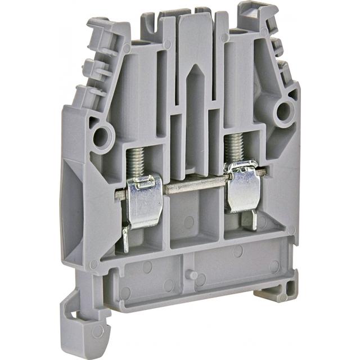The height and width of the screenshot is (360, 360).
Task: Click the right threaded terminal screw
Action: pos(234,147)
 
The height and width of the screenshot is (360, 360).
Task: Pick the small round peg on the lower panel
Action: pos(192,275)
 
